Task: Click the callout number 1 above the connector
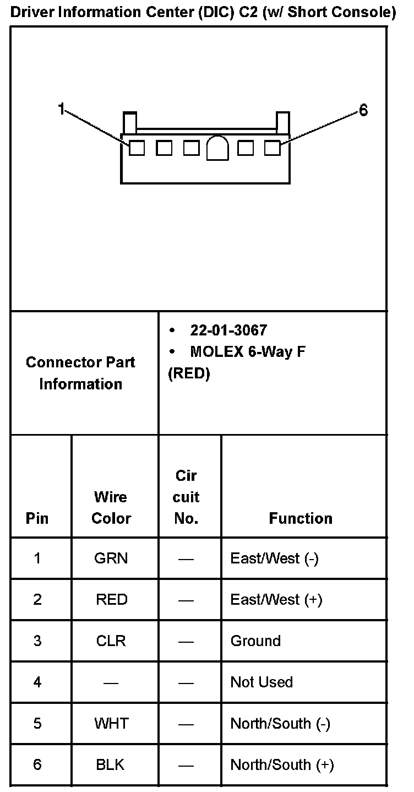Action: click(x=62, y=109)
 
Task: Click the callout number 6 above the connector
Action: click(x=363, y=111)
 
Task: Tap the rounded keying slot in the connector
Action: click(x=217, y=148)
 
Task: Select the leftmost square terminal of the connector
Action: click(x=137, y=148)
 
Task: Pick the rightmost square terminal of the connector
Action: click(x=272, y=148)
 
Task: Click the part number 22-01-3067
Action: click(x=228, y=330)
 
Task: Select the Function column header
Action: click(x=301, y=518)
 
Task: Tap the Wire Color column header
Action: click(x=111, y=507)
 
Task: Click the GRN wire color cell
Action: click(x=111, y=558)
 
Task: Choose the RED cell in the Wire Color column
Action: click(x=111, y=599)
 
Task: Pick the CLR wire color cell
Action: click(x=111, y=641)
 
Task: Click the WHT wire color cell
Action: click(x=111, y=723)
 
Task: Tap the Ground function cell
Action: click(x=255, y=641)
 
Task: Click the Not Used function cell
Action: click(x=262, y=682)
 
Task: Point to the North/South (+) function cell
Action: click(x=282, y=764)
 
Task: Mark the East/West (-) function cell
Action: click(x=274, y=558)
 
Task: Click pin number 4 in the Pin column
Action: click(x=37, y=682)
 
